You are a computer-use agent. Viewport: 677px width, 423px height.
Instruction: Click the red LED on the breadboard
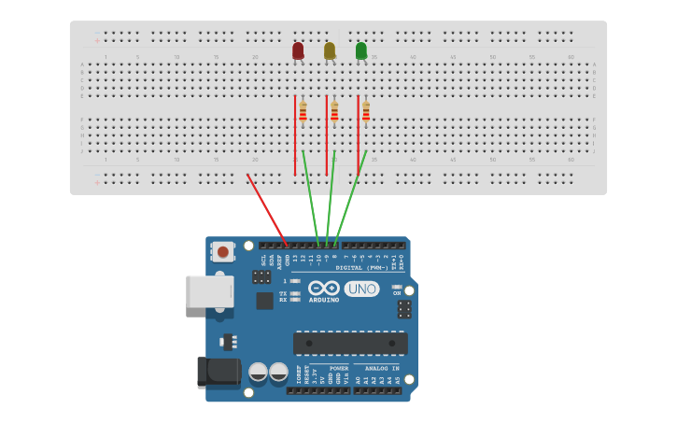click(x=298, y=50)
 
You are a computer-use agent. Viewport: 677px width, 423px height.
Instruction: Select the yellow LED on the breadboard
click(x=330, y=50)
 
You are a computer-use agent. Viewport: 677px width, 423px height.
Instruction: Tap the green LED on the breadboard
click(x=361, y=50)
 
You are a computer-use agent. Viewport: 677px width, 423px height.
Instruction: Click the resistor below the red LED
click(x=303, y=112)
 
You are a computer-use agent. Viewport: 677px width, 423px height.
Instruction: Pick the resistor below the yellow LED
click(x=334, y=112)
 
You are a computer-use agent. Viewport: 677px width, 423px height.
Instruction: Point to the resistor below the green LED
click(x=366, y=112)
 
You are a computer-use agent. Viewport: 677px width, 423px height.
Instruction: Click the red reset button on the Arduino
click(x=223, y=250)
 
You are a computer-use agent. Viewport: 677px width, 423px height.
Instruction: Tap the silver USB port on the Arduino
click(x=209, y=291)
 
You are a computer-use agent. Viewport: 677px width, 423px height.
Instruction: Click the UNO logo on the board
click(x=362, y=289)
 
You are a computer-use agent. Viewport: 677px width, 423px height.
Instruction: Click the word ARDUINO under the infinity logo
click(x=324, y=301)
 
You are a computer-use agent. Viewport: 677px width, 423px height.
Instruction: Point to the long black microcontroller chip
click(x=350, y=344)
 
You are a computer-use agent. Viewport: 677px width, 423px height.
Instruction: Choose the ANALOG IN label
click(x=380, y=368)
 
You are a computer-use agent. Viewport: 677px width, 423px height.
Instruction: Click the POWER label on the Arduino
click(x=339, y=368)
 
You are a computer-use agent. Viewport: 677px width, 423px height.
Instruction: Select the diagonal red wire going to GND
click(x=267, y=210)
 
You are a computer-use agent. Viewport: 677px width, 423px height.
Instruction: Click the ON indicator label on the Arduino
click(x=396, y=293)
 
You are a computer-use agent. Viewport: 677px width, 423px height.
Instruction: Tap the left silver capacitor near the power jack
click(x=259, y=374)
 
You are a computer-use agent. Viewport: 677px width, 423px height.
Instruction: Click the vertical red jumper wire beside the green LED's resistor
click(x=358, y=135)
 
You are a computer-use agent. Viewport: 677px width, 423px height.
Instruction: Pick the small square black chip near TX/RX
click(x=265, y=301)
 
